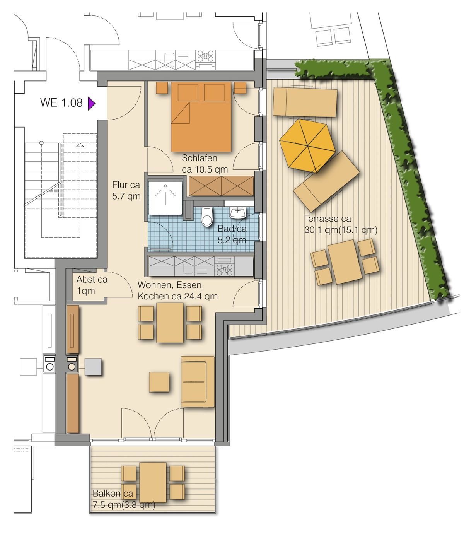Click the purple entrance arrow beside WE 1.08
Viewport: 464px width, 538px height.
pos(91,104)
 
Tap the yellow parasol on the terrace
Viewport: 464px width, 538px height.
pos(307,146)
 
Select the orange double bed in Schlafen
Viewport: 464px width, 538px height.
pos(201,116)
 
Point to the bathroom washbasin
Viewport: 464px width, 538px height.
pos(237,213)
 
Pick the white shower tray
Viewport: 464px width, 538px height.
pos(165,198)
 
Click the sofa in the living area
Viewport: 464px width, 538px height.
pos(198,382)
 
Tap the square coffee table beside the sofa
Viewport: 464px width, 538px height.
pos(159,382)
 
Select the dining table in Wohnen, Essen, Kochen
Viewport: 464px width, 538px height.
pos(170,323)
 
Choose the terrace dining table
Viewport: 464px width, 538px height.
pos(345,262)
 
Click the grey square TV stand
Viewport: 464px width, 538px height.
pos(93,367)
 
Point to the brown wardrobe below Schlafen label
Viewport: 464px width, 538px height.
pos(221,186)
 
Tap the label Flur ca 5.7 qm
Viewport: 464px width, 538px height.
pos(126,191)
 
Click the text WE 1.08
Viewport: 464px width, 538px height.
pos(61,103)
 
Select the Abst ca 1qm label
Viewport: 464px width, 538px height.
pos(92,285)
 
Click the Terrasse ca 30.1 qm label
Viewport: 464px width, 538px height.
pos(341,224)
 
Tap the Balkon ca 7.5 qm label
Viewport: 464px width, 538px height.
pos(124,499)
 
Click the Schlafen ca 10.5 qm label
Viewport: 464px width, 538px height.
pos(205,164)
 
